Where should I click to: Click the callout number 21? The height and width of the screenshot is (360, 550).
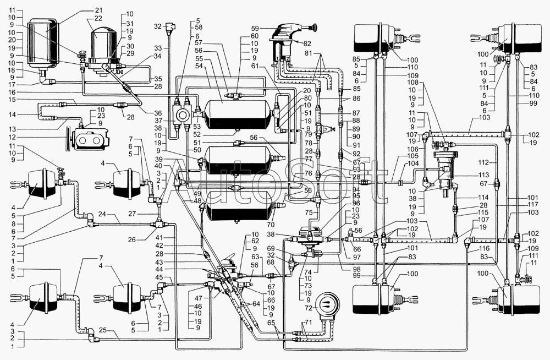tap(98, 10)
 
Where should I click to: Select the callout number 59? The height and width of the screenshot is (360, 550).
tap(254, 27)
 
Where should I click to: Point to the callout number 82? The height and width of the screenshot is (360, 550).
tap(306, 42)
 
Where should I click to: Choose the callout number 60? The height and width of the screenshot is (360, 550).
tap(254, 35)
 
